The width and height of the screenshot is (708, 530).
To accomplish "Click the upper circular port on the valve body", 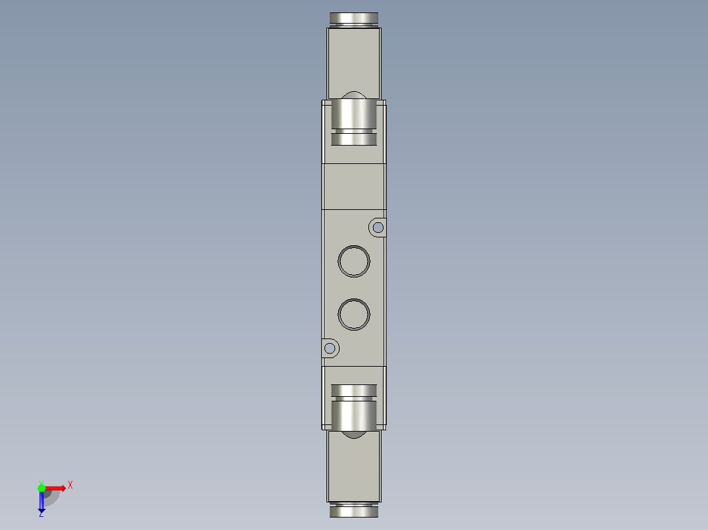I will click(354, 261).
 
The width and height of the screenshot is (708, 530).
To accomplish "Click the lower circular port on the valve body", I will click(354, 314).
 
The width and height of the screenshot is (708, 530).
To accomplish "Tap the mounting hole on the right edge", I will click(378, 228).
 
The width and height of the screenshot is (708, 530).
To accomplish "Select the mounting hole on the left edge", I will click(330, 348).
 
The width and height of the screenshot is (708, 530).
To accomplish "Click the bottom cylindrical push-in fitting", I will click(354, 414).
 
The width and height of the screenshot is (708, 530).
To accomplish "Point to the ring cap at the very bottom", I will click(354, 511).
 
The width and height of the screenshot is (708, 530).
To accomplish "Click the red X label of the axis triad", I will click(70, 485).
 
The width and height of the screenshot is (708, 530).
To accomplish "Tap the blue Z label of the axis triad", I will click(41, 514).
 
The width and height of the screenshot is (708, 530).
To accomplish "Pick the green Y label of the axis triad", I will click(41, 481).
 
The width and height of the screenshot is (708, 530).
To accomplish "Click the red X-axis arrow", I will click(56, 488).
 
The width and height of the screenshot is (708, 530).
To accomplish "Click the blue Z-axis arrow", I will click(41, 502).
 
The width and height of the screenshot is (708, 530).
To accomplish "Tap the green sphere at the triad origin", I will click(41, 488).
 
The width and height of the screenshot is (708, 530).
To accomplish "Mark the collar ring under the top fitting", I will click(354, 138).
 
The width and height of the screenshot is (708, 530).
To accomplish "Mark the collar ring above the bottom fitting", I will click(354, 391).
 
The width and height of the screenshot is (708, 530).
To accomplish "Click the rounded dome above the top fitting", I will click(354, 94).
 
